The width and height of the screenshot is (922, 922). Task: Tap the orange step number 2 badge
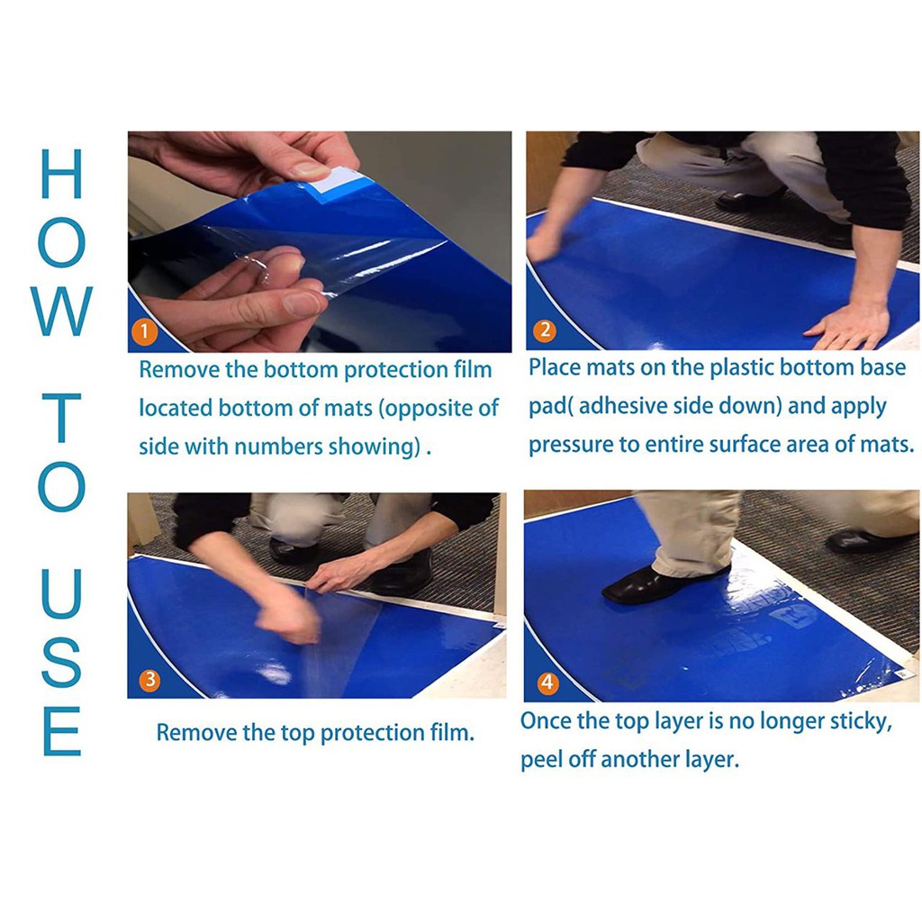click(545, 330)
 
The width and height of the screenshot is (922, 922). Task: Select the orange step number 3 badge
click(150, 680)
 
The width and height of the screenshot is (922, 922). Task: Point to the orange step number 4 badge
click(548, 682)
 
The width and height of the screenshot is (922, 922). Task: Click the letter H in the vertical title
click(61, 174)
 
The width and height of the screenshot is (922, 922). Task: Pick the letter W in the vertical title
click(61, 312)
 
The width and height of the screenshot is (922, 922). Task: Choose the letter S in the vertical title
click(61, 663)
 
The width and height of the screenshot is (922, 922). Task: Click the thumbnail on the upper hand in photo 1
click(309, 169)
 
